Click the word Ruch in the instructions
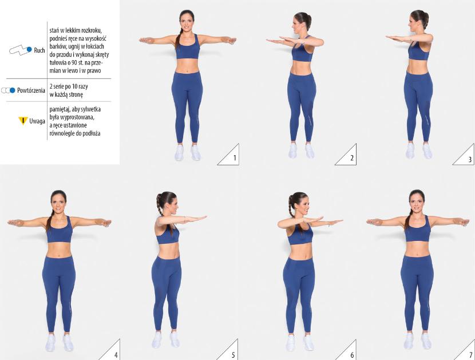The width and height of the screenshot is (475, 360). (x=39, y=50)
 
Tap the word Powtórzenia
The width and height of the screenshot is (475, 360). (x=31, y=90)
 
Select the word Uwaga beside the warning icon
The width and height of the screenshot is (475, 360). (x=37, y=121)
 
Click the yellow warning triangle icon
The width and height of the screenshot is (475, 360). (x=23, y=121)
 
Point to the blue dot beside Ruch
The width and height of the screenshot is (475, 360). (x=29, y=49)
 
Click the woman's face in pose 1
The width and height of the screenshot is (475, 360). (x=187, y=22)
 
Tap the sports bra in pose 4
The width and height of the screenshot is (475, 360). (x=60, y=230)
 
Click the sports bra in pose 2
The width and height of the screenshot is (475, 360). (x=302, y=49)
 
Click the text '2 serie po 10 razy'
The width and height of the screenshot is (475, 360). (x=69, y=86)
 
